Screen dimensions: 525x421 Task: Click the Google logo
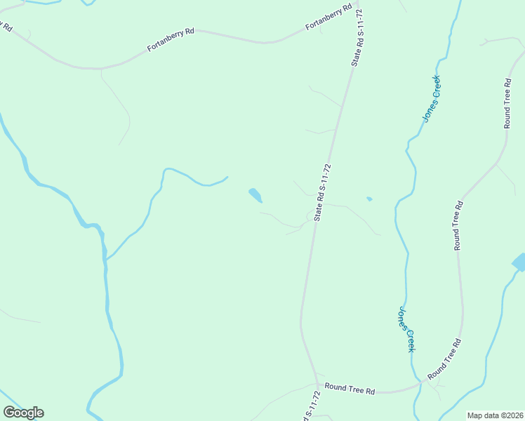pos(23,413)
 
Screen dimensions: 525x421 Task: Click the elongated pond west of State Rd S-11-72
pos(255,195)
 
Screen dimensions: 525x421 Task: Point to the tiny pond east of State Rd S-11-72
pos(368,199)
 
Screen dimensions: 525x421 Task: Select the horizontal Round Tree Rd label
pos(350,389)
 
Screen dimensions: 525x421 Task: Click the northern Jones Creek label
pos(432,98)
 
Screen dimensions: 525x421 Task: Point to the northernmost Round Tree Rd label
pos(507,103)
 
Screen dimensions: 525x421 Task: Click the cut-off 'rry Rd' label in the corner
pos(6,26)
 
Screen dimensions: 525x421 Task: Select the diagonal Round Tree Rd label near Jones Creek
pos(444,359)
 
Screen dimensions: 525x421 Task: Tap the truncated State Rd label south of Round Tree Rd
pos(307,409)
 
